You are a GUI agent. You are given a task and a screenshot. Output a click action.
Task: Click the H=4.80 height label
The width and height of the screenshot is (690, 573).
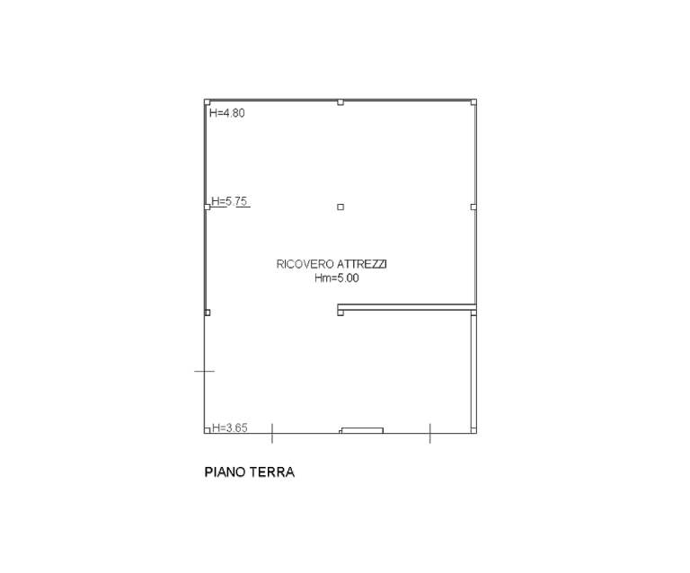(x=227, y=113)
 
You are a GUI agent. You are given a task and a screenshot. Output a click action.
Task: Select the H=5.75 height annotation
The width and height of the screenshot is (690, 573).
(x=229, y=201)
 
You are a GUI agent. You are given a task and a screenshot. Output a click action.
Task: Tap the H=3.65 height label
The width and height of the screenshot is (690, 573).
(x=230, y=428)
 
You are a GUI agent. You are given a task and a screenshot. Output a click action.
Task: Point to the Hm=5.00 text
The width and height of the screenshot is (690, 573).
(x=337, y=278)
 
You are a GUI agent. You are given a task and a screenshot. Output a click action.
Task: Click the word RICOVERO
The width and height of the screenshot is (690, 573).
(x=305, y=264)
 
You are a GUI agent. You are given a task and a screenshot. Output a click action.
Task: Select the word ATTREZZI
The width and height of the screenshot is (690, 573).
(x=362, y=264)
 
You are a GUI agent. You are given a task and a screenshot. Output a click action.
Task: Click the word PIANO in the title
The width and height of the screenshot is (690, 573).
(x=226, y=472)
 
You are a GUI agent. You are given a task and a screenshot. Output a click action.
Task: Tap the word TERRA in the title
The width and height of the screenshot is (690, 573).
(x=272, y=472)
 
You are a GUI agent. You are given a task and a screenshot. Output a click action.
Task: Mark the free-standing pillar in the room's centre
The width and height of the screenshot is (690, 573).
(x=341, y=207)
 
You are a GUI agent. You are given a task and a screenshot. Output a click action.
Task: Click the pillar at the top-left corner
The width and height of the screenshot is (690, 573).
(x=208, y=102)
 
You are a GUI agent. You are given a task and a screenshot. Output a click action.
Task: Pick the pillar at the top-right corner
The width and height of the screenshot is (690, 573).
(x=473, y=102)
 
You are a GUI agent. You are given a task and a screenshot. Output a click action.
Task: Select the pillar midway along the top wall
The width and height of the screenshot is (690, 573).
(x=341, y=102)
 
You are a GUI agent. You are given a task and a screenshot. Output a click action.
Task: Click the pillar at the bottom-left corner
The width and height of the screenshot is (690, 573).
(x=208, y=430)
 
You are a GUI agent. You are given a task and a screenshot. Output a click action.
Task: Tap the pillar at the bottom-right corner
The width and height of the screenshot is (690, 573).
(x=473, y=430)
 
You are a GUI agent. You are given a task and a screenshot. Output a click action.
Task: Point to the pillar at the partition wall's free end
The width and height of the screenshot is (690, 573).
(x=341, y=313)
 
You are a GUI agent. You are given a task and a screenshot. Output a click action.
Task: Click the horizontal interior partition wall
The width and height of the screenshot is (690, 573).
(x=407, y=307)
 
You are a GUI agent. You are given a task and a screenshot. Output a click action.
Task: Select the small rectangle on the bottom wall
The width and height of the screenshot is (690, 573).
(x=363, y=430)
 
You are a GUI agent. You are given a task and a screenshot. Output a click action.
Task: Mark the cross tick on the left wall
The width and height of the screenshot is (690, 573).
(x=205, y=371)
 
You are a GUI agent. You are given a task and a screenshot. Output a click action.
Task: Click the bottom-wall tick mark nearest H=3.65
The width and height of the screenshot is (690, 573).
(x=272, y=433)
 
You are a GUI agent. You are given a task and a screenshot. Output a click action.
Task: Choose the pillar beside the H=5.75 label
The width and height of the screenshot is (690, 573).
(x=208, y=207)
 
